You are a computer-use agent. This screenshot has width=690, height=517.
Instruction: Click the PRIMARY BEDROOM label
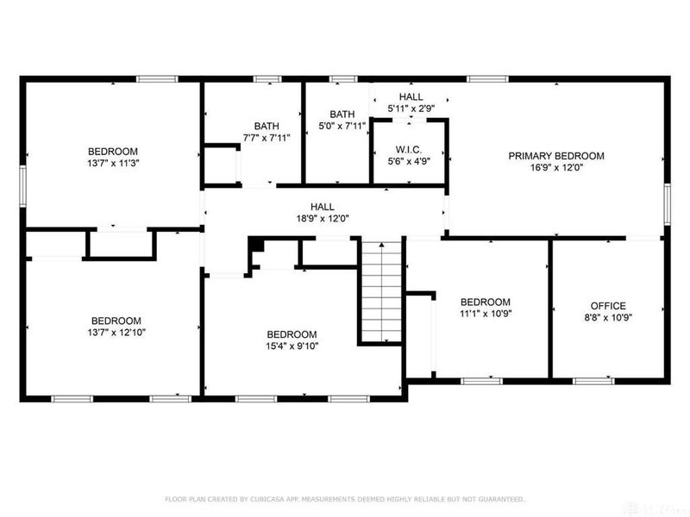[x=555, y=156]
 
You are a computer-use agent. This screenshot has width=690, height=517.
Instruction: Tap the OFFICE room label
[x=608, y=306]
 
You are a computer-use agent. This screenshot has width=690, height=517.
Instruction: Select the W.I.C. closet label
[x=409, y=147]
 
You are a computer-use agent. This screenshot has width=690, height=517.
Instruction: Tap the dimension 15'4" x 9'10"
[x=292, y=346]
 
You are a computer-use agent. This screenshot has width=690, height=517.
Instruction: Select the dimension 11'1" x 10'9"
[x=485, y=315]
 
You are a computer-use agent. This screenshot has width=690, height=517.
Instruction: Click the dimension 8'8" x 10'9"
[x=608, y=318]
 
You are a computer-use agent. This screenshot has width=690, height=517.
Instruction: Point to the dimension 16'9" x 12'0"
[x=555, y=168]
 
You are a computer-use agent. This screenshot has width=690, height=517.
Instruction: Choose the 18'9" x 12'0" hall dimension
[x=323, y=219]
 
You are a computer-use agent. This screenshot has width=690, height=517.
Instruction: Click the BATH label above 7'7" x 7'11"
[x=267, y=126]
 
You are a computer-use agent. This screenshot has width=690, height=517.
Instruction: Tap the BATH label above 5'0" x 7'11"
[x=342, y=114]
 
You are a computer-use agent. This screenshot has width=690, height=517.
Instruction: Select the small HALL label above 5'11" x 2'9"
[x=411, y=97]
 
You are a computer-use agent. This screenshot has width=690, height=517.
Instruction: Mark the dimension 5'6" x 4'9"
[x=409, y=159]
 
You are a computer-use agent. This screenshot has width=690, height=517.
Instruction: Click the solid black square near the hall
[x=255, y=246]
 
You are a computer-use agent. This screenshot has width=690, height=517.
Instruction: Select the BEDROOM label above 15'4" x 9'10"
[x=292, y=334]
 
